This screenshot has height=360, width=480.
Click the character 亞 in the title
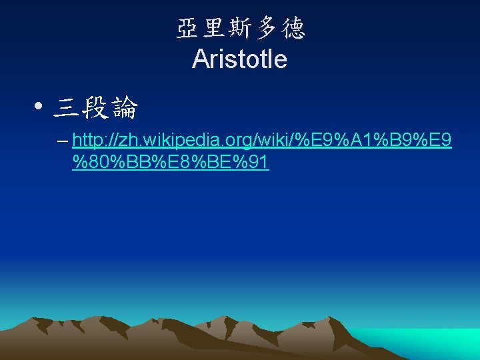coord(187,28)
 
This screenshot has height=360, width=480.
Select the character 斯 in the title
coord(240,28)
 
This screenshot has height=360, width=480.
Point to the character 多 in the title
coord(266,28)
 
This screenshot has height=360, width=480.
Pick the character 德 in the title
coord(293,28)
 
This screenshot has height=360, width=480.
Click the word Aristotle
coord(239,59)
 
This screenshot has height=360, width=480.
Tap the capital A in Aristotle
coord(199,59)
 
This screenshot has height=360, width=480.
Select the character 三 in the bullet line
coord(65,107)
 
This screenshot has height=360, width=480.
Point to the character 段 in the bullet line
coord(95,107)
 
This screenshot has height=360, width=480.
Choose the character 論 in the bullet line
coord(125,107)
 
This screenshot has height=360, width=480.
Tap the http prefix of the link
coord(88,141)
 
